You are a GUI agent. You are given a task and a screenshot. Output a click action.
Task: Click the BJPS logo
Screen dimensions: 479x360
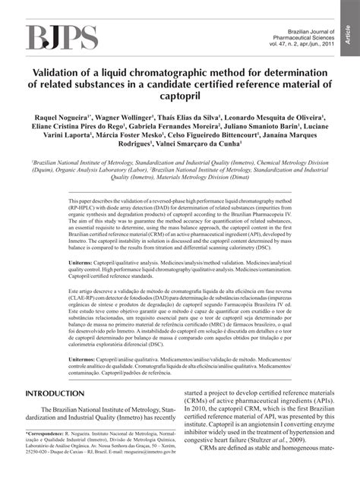63,36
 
